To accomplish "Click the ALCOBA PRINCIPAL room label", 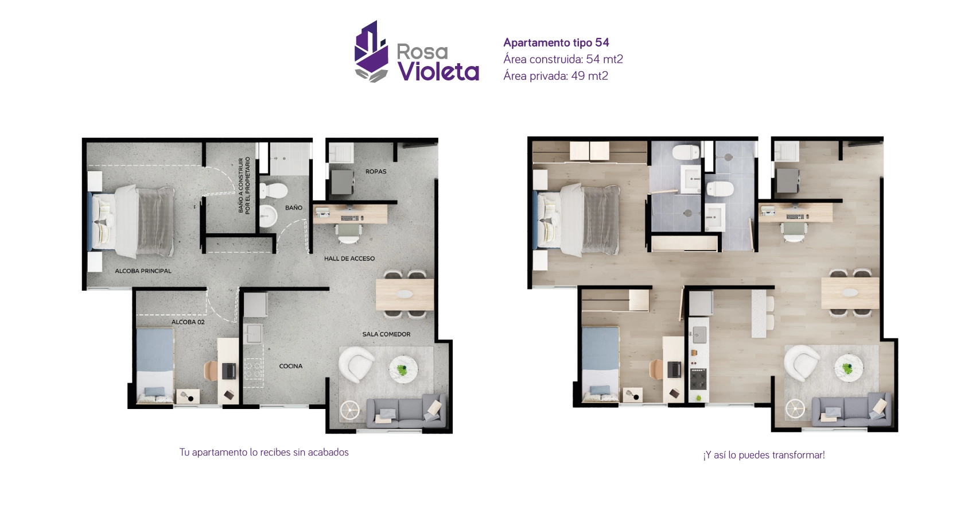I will click(x=143, y=271).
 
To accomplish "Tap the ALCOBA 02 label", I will click(x=188, y=322).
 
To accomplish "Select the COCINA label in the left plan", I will click(x=290, y=366).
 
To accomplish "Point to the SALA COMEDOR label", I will click(x=386, y=334).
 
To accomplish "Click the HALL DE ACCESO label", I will click(x=349, y=258).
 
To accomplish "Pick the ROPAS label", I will click(x=376, y=172).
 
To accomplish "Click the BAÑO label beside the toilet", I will click(x=293, y=208).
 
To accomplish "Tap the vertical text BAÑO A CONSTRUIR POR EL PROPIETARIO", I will click(x=244, y=186).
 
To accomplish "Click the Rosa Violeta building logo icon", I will click(x=371, y=52).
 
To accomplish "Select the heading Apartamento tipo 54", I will click(x=555, y=43).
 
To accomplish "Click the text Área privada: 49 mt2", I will click(x=555, y=76).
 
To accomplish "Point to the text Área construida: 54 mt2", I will click(x=562, y=59).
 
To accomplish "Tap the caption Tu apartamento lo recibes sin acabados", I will click(x=264, y=452).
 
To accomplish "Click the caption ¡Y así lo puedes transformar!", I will click(x=764, y=455).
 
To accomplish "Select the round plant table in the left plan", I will click(x=403, y=369).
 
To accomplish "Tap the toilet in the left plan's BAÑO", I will click(x=273, y=190).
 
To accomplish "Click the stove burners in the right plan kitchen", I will click(x=698, y=379).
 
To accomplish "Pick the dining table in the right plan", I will click(x=850, y=293).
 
